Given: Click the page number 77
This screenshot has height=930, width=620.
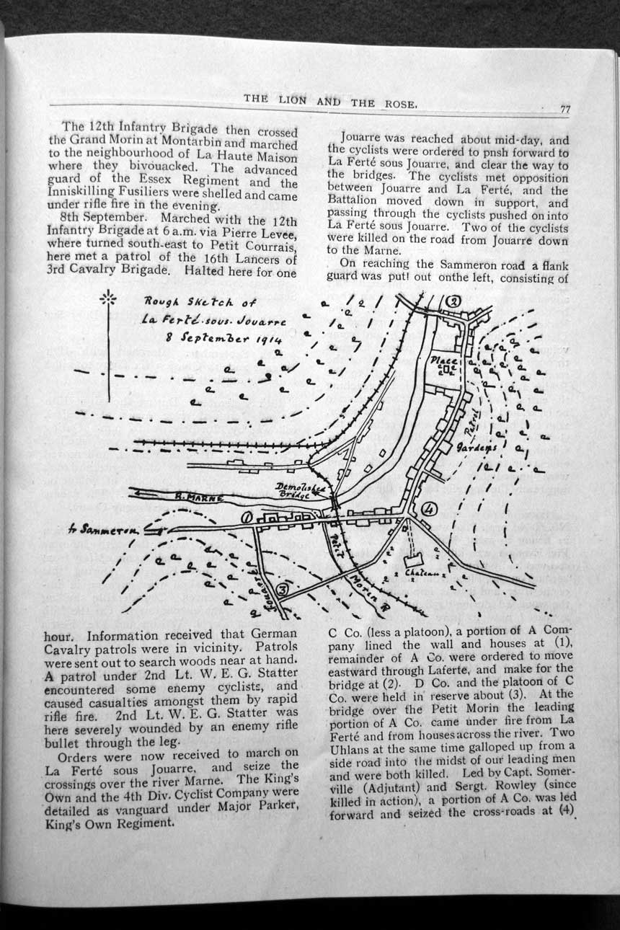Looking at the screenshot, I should tap(564, 110).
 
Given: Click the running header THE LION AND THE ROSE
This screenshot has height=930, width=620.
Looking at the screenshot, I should tap(330, 101).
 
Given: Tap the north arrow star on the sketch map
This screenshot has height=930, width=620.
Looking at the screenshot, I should tap(108, 298).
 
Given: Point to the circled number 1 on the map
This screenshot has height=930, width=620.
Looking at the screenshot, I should tap(247, 516).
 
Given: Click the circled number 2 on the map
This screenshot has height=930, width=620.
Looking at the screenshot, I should tap(453, 301).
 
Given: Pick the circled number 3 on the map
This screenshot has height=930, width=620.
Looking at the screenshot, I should tap(283, 590).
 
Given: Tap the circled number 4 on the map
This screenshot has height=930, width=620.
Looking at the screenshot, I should tap(430, 508).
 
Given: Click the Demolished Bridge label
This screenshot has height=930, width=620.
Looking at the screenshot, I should tap(302, 492).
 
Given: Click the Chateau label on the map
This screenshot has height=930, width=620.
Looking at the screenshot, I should tap(421, 574).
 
